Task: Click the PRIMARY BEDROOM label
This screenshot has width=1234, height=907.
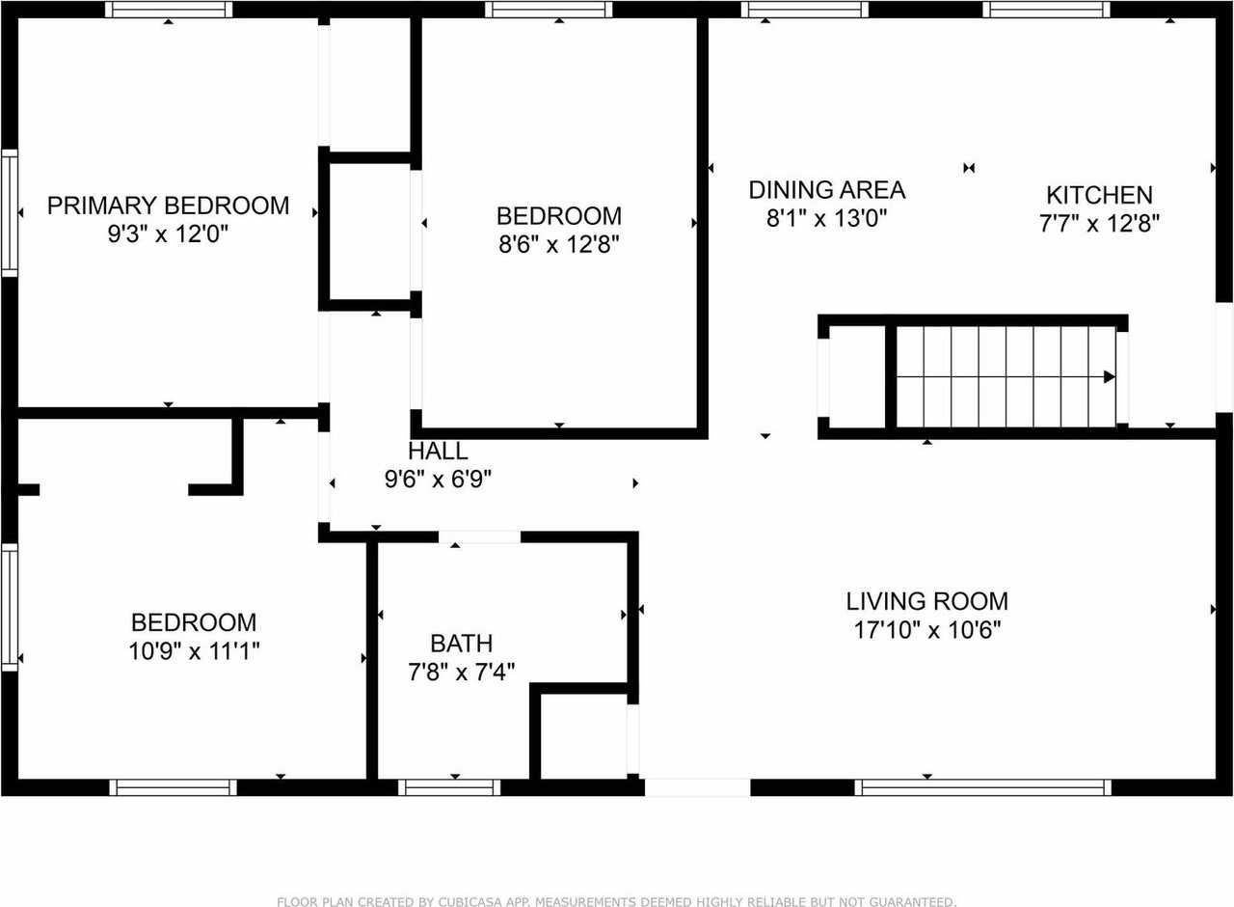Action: [x=168, y=206]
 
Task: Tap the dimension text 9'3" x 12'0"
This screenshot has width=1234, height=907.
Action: [x=168, y=234]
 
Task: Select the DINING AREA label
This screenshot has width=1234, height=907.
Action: [x=826, y=189]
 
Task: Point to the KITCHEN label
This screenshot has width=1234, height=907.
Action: [x=1099, y=195]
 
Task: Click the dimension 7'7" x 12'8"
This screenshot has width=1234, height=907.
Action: [x=1099, y=224]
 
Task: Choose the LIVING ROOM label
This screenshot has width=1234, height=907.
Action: [x=926, y=601]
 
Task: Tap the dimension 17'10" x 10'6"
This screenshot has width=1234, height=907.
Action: [x=926, y=630]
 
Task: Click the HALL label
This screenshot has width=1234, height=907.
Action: [x=438, y=451]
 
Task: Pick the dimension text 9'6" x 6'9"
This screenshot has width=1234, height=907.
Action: [x=438, y=480]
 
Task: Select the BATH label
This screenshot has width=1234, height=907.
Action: [x=462, y=643]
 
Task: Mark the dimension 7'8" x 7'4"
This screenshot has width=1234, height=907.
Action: [x=462, y=672]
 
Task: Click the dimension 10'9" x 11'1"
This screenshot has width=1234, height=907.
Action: [x=194, y=651]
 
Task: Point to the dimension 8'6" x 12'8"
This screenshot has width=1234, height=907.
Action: [x=558, y=244]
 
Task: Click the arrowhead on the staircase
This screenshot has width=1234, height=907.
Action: [x=1110, y=377]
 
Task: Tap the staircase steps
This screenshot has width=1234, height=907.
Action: [x=1003, y=377]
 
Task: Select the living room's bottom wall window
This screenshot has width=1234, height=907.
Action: [x=983, y=787]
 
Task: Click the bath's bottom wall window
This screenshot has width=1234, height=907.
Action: [x=449, y=787]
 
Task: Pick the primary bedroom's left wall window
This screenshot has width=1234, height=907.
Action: [x=9, y=212]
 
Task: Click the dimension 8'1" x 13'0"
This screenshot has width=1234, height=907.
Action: [x=826, y=218]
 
